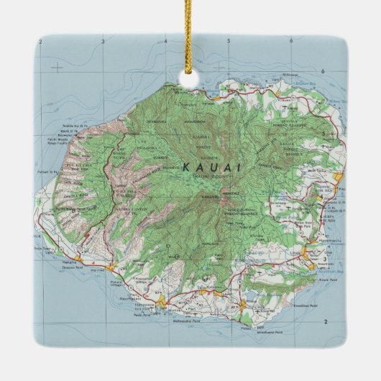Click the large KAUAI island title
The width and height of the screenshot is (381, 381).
[x=212, y=167]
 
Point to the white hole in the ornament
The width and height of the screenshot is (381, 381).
[x=190, y=75]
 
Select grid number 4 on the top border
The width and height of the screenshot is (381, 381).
[x=165, y=42]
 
